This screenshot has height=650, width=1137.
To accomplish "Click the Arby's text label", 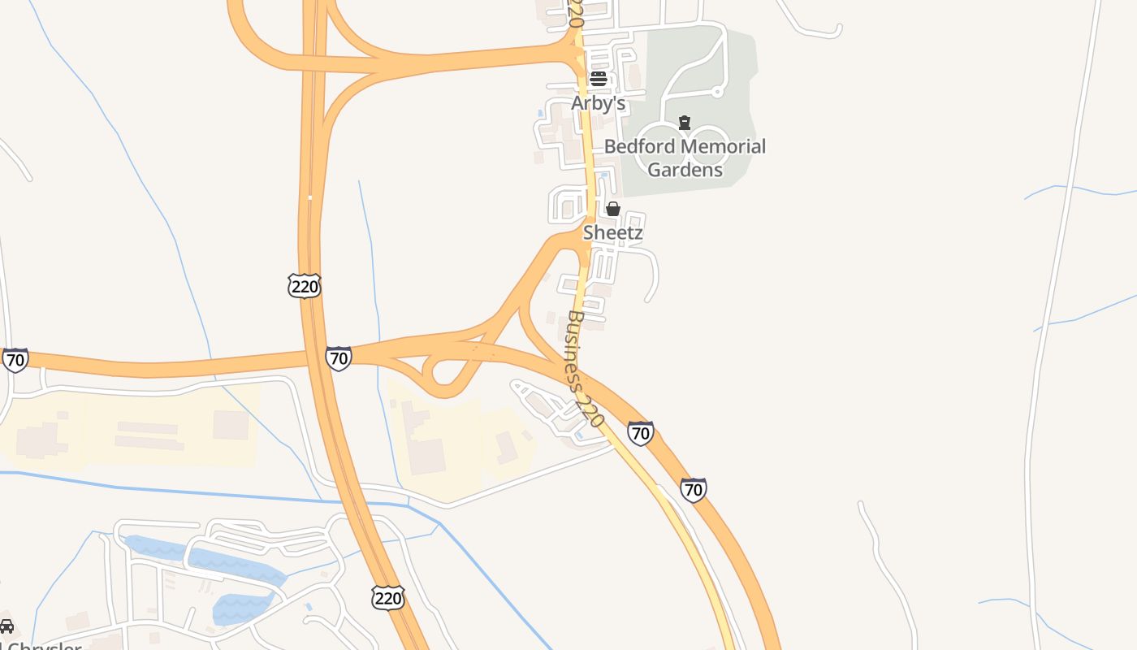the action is (x=599, y=103).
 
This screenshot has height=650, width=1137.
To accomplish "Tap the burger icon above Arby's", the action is (x=599, y=78).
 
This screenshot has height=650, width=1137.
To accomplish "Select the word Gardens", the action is (x=685, y=169).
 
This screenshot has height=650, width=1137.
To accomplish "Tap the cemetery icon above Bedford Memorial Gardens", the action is (x=685, y=123).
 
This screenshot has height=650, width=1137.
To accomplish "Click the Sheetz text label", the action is (x=613, y=232).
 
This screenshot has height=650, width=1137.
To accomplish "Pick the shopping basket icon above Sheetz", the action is (x=613, y=209).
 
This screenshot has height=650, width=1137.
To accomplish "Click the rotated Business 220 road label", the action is (x=585, y=369).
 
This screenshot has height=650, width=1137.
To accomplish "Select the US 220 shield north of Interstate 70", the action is (x=305, y=285).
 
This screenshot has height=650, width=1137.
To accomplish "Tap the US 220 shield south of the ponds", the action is (x=388, y=598).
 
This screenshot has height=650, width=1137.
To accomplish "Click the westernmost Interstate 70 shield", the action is (x=15, y=359).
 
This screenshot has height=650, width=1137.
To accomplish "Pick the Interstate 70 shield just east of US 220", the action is (x=339, y=357).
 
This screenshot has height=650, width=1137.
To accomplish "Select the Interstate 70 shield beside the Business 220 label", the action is (x=641, y=433).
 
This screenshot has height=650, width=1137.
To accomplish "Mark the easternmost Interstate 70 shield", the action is (x=693, y=490).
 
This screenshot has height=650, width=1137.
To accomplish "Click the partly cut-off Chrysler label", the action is (x=41, y=646).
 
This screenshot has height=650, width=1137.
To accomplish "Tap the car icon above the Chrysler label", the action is (x=6, y=626).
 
